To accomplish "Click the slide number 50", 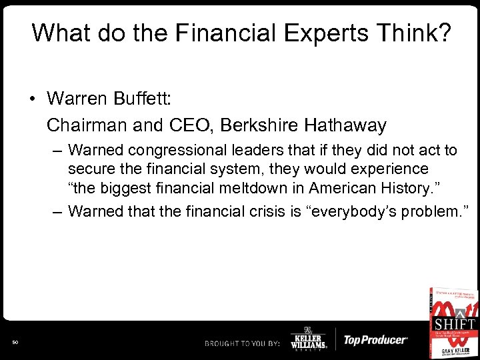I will click(x=15, y=342).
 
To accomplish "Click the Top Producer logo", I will click(x=375, y=340).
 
